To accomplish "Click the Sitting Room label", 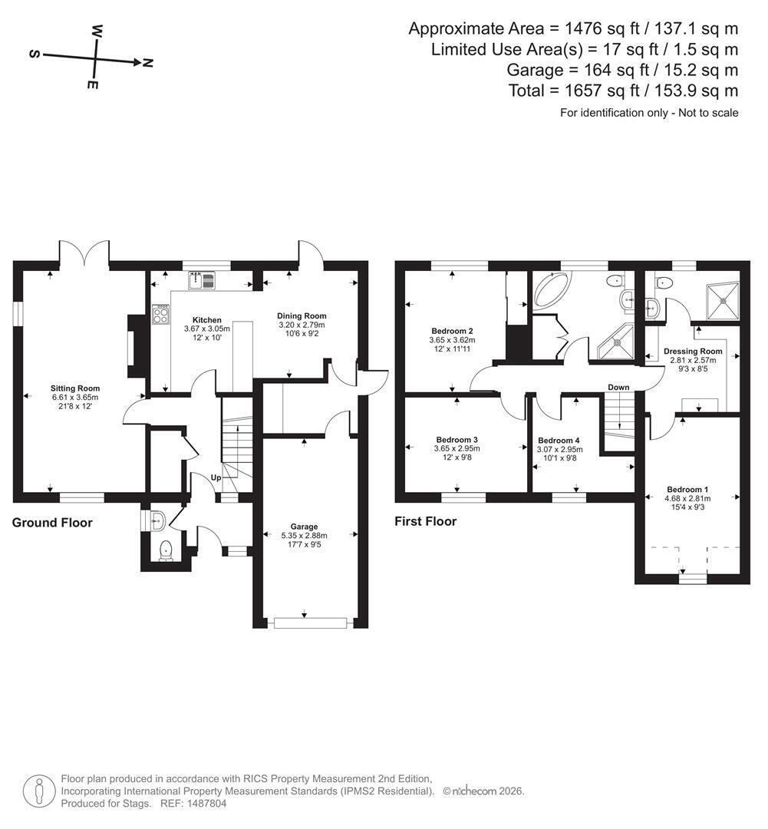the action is (x=75, y=388).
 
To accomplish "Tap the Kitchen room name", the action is (x=206, y=320).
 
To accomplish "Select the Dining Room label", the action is (x=302, y=316).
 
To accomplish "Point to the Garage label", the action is (x=304, y=527).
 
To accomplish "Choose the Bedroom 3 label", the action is (x=457, y=440).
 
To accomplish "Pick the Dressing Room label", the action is (x=693, y=351).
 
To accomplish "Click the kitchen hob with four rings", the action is (x=160, y=315).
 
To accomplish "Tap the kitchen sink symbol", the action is (x=201, y=280).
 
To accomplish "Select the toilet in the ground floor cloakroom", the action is (x=166, y=550).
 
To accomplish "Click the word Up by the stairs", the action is (x=216, y=478).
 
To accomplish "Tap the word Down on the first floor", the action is (x=618, y=388).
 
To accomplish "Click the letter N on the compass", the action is (x=147, y=63).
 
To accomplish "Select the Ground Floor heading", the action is (x=52, y=523).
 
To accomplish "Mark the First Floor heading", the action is (x=426, y=521).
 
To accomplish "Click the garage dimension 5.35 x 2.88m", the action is (x=304, y=536).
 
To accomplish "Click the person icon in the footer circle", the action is (x=38, y=791).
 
